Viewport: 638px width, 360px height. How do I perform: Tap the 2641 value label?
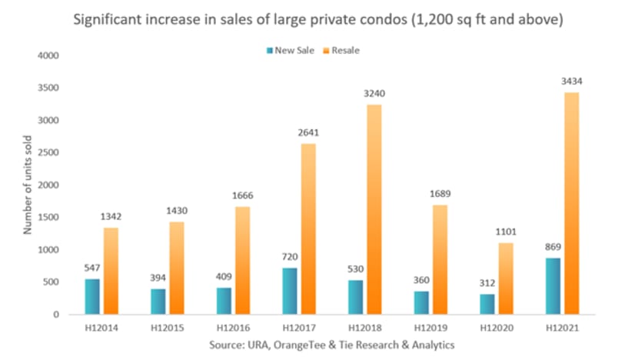click(x=308, y=133)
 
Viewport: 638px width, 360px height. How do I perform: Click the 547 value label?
click(x=93, y=268)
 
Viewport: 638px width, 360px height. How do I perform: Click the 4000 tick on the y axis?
click(x=47, y=55)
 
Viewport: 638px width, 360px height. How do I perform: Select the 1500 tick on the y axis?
click(x=47, y=218)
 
